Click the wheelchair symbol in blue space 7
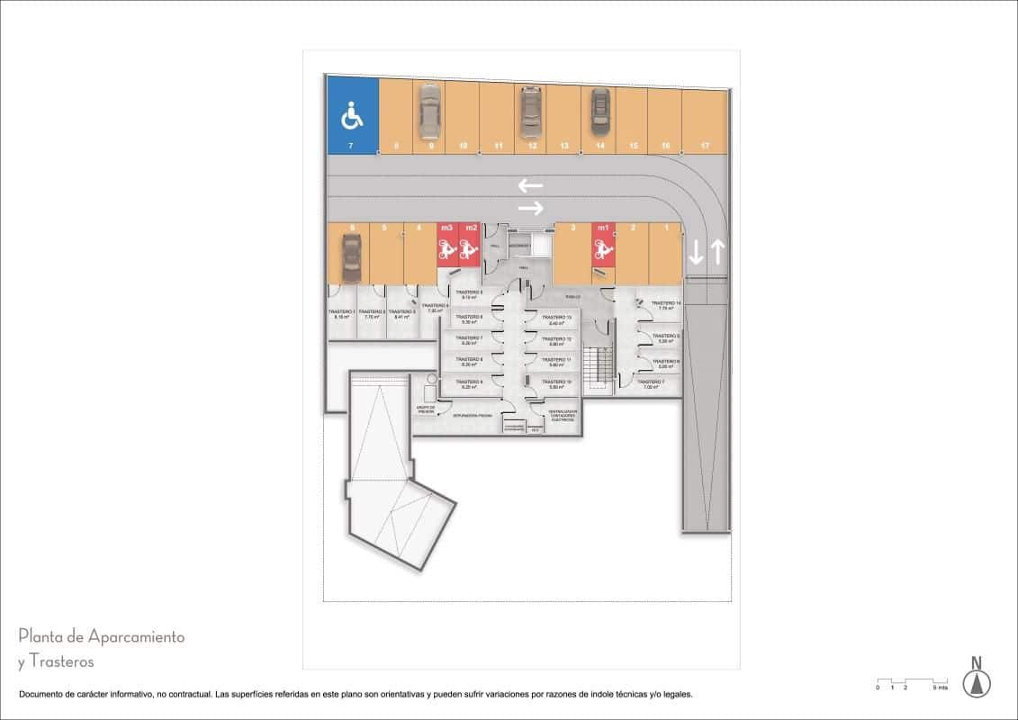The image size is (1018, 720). tap(351, 115)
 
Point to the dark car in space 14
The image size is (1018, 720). tap(599, 110)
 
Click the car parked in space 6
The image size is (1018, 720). tap(350, 257)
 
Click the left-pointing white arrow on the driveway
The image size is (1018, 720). tap(530, 186)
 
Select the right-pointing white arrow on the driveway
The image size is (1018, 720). tap(530, 209)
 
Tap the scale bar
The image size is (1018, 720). tap(912, 680)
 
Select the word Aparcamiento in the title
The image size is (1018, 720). tap(136, 637)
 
